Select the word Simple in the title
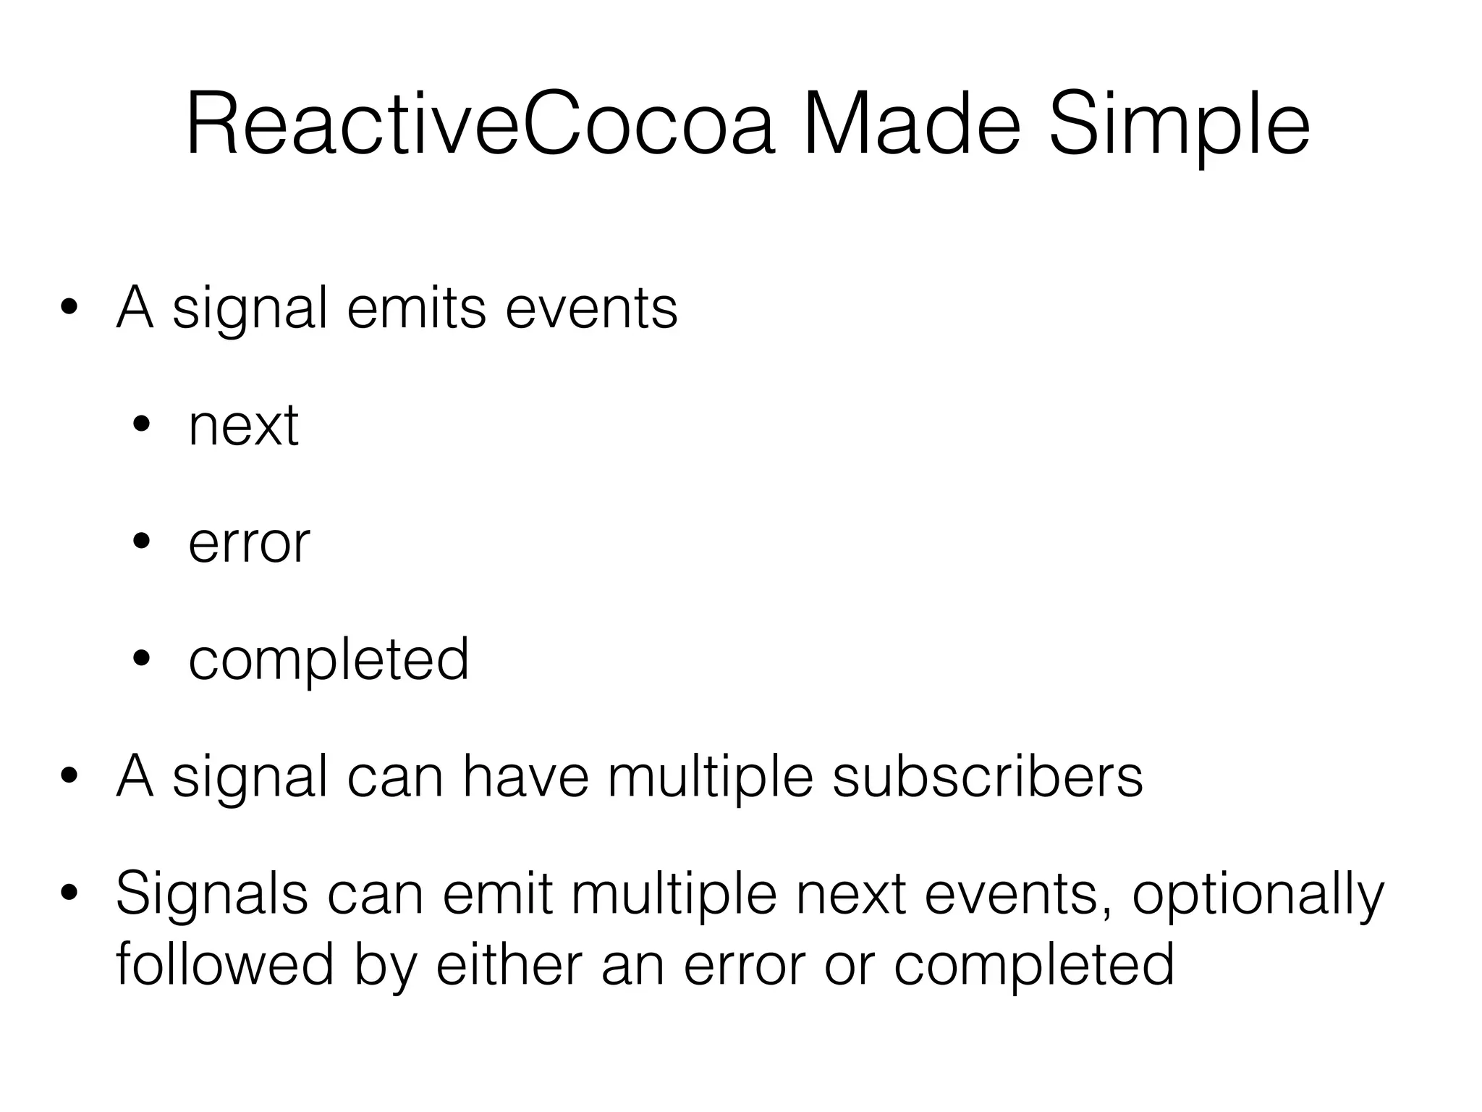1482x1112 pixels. [1179, 125]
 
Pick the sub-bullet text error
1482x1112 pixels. [249, 543]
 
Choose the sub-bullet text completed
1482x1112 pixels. [329, 660]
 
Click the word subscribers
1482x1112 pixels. [988, 777]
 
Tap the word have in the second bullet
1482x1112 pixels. [525, 777]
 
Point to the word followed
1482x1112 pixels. [225, 964]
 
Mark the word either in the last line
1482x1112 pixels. [509, 964]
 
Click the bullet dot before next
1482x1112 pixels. [142, 426]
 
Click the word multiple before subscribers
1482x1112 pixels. [711, 777]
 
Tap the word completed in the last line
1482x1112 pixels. [1034, 964]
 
